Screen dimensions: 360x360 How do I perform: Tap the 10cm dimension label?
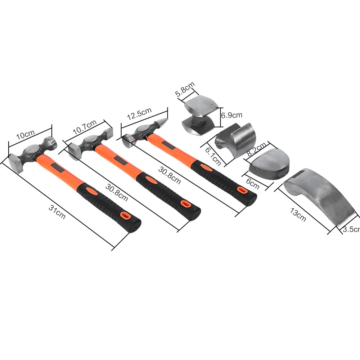click(x=25, y=135)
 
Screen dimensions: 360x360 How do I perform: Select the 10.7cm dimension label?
click(x=85, y=127)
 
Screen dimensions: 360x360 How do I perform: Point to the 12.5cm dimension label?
click(x=139, y=113)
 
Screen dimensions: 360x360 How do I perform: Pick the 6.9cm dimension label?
click(x=231, y=115)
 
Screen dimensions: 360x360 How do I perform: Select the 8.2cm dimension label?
click(x=256, y=149)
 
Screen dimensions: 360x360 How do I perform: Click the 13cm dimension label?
click(x=298, y=215)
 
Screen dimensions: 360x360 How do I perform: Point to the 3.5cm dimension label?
click(x=351, y=229)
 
